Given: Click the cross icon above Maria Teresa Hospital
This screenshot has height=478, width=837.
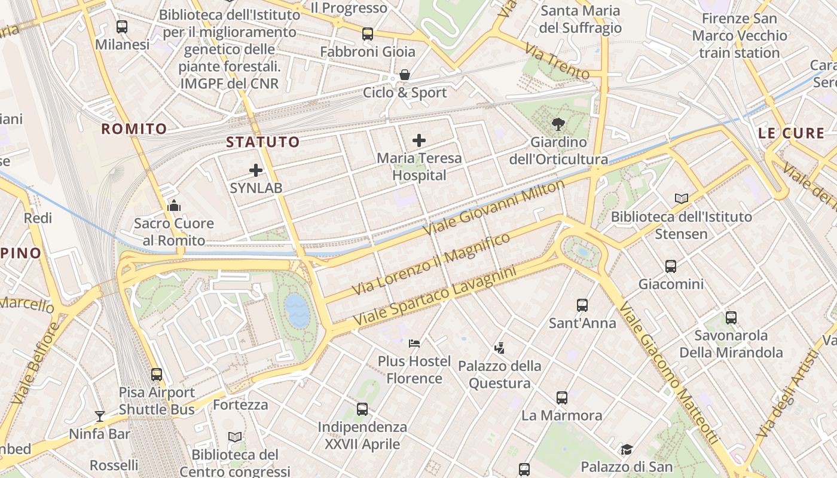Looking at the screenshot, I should (x=419, y=141).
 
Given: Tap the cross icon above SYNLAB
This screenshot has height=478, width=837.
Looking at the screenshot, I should (x=256, y=170).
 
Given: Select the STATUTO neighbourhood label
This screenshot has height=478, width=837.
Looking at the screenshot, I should (x=262, y=142).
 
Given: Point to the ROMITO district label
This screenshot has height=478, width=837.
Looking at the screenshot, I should (x=134, y=129).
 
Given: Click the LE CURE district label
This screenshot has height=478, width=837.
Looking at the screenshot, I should (x=791, y=133).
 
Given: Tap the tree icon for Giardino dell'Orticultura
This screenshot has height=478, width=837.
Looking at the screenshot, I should (x=558, y=124).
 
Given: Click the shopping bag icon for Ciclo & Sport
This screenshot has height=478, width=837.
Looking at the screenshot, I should (x=405, y=75).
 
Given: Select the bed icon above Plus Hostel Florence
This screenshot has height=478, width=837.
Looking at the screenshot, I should (x=414, y=344).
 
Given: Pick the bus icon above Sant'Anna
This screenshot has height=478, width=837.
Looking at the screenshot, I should (x=582, y=305).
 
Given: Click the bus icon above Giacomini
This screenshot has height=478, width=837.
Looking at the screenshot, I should (x=671, y=266).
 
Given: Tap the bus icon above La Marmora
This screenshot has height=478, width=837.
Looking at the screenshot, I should (x=562, y=398).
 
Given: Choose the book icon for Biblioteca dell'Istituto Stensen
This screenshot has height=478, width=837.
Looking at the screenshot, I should (x=681, y=198).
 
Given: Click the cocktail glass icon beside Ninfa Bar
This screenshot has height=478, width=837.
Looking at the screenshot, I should (x=100, y=416).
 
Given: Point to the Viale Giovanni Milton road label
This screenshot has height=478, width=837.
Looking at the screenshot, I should (x=493, y=207).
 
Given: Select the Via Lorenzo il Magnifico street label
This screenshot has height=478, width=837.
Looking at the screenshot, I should (x=431, y=263).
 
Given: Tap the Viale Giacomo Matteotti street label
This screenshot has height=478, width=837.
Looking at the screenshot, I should (x=668, y=373).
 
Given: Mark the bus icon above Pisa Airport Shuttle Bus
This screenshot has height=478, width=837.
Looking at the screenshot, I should (x=157, y=375).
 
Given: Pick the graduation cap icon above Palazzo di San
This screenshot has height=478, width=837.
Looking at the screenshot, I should (x=626, y=449).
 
